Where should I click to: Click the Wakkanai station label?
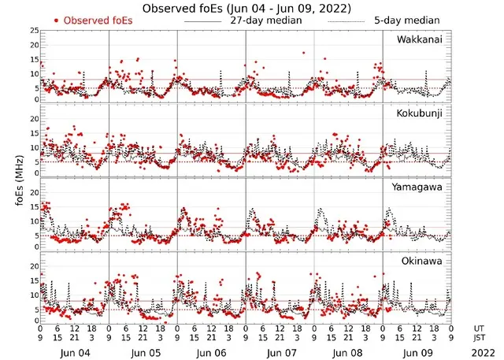(419, 39)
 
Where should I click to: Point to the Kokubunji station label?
(420, 113)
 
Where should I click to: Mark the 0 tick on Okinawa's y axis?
(35, 321)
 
